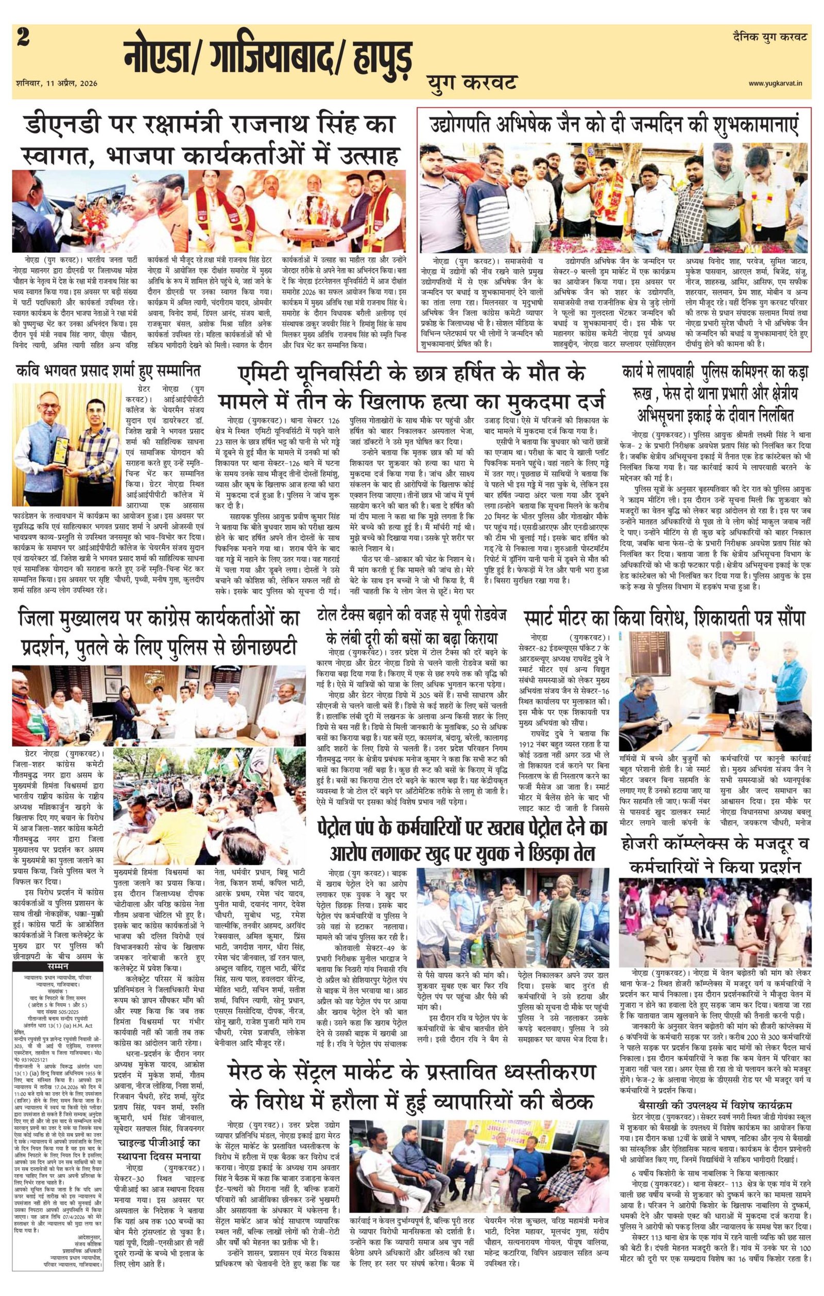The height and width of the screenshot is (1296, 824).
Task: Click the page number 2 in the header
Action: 24,39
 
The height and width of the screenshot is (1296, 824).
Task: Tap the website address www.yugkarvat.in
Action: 779,83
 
